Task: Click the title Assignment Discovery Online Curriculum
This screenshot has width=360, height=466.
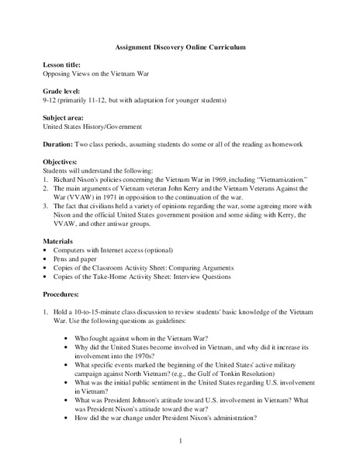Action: pos(179,47)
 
